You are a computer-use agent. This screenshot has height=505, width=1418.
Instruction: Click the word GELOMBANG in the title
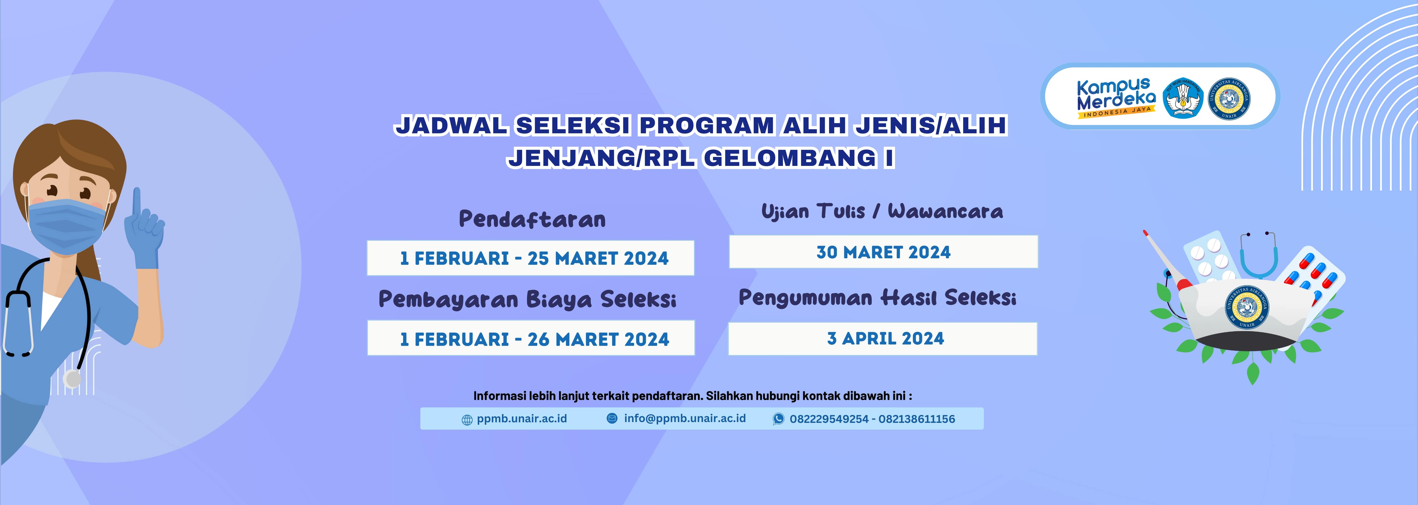coord(790,158)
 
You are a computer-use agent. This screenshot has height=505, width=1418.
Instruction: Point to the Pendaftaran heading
coord(532,219)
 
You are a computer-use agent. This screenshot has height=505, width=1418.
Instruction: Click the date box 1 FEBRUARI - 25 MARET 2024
coord(531,258)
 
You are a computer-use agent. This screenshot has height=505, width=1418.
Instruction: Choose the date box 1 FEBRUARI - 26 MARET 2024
coord(531,339)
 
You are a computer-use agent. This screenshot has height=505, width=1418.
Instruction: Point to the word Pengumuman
coord(805,298)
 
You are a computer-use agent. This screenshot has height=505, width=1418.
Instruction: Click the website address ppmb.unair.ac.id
coord(521,419)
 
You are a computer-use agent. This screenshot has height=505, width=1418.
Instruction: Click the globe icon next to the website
coord(467,420)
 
